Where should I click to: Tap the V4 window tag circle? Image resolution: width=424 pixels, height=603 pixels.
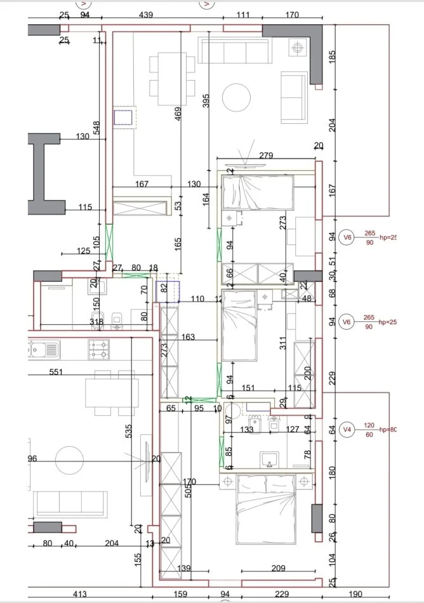pyautogui.click(x=347, y=430)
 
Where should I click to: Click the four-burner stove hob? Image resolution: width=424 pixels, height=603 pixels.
pyautogui.click(x=98, y=348)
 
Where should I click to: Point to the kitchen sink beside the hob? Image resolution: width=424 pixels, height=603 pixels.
pyautogui.click(x=44, y=348)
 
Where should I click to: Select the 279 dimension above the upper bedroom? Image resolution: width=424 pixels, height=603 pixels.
pyautogui.click(x=266, y=156)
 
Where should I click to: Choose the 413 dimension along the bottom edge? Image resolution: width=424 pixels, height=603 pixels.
pyautogui.click(x=79, y=595)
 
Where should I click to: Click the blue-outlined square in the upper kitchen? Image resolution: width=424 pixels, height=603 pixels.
pyautogui.click(x=124, y=117)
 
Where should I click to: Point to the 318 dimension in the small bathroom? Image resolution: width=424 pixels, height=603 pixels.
pyautogui.click(x=96, y=322)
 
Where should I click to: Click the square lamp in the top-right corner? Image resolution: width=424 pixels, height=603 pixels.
pyautogui.click(x=297, y=46)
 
